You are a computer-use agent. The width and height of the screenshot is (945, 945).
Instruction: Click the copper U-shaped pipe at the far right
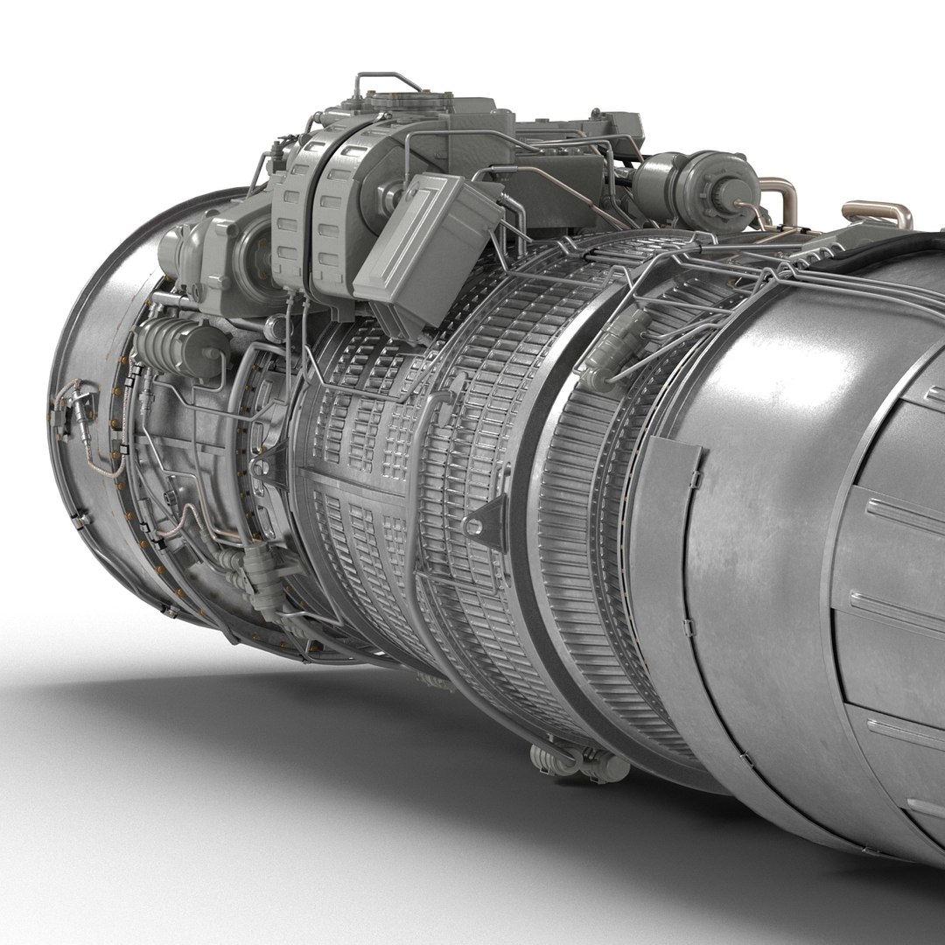[x=877, y=213]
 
